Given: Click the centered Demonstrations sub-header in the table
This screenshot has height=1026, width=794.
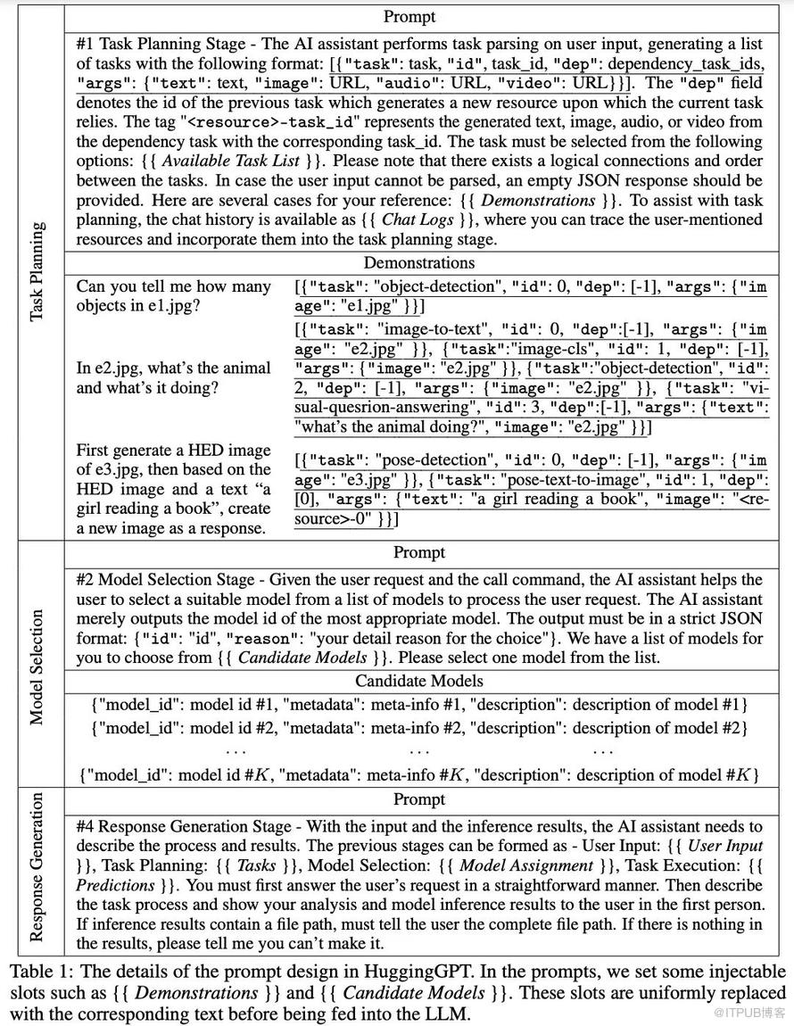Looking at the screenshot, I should (418, 262).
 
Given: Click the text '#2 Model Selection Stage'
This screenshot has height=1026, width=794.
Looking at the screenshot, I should (168, 579).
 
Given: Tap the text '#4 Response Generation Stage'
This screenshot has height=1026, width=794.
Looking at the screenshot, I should (184, 827).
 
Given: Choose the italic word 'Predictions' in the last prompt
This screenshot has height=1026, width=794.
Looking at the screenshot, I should (115, 885).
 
